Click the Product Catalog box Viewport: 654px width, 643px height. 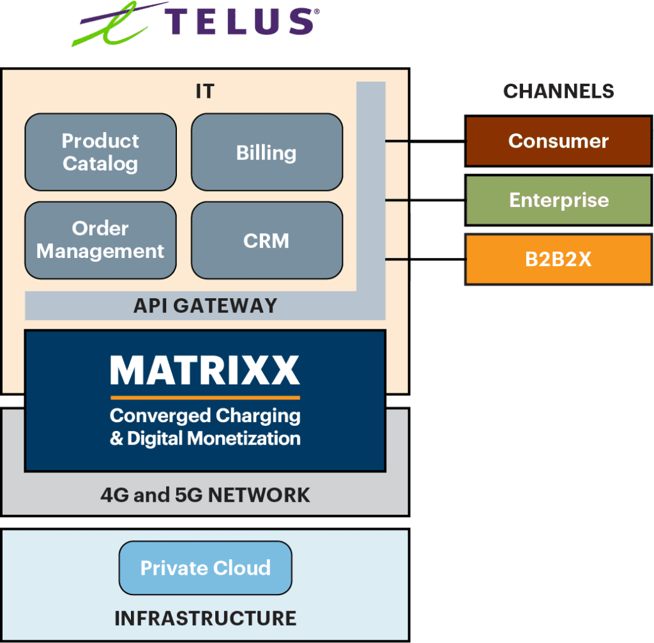tap(100, 152)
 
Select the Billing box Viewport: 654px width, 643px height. tap(266, 152)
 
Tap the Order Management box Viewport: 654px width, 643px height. tap(100, 240)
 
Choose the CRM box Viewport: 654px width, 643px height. tap(266, 240)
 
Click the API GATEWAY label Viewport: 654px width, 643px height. tap(205, 306)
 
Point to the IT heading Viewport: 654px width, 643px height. tap(205, 91)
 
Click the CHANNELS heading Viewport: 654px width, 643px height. tap(558, 91)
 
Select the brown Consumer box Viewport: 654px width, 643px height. tap(558, 141)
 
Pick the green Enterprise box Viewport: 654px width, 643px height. tap(558, 200)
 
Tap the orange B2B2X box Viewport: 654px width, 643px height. tap(558, 260)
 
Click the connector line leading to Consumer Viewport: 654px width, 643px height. tap(425, 141)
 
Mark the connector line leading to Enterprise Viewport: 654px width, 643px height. tap(425, 200)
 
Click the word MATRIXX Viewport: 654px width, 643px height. tap(205, 370)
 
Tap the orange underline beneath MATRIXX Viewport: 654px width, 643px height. tap(205, 397)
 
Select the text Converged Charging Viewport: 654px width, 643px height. tap(205, 416)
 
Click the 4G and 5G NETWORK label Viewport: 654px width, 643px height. tap(205, 495)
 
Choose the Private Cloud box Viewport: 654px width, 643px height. tap(205, 568)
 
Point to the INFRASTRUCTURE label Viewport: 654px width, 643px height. tap(205, 618)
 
